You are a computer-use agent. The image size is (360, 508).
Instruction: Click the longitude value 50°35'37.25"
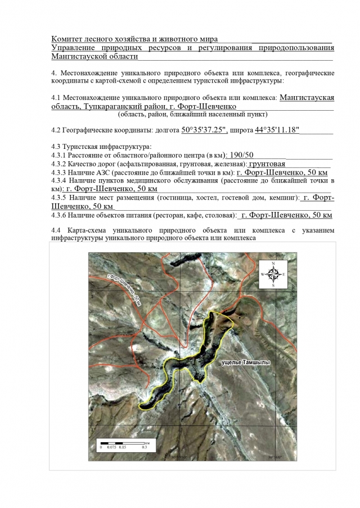[204, 130]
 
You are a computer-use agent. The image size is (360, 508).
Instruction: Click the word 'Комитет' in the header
[67, 39]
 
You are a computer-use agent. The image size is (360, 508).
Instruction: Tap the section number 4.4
[56, 230]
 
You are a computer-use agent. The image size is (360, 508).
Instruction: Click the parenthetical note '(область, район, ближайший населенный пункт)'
[194, 114]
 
